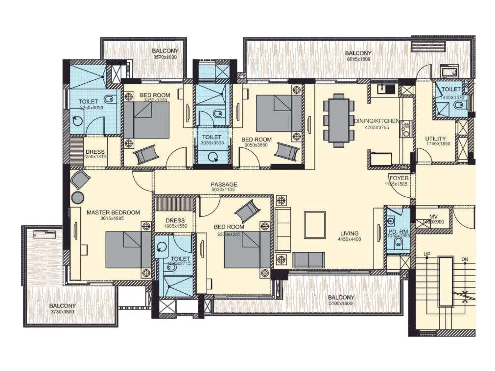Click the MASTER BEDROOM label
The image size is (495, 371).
[x=113, y=212]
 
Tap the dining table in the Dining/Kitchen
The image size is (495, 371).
[x=339, y=120]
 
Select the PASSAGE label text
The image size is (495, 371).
[x=224, y=184]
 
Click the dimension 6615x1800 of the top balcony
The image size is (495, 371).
[x=359, y=59]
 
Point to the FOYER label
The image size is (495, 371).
[x=398, y=178]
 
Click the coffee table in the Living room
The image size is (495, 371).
[x=315, y=225]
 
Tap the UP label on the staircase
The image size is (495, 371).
[x=427, y=254]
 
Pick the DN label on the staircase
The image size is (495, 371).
[x=465, y=259]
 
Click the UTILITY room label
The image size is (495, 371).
[x=435, y=139]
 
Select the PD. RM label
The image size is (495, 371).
[x=398, y=231]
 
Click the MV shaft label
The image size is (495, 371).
[x=433, y=217]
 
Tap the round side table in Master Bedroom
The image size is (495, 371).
[x=77, y=198]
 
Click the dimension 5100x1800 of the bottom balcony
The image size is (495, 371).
[x=340, y=303]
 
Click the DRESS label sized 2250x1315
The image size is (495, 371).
[x=95, y=151]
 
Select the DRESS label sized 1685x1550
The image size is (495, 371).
[x=175, y=220]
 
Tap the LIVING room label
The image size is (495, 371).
[x=349, y=233]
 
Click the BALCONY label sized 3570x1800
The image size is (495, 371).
[x=165, y=51]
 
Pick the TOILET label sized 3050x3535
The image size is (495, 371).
[x=212, y=137]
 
